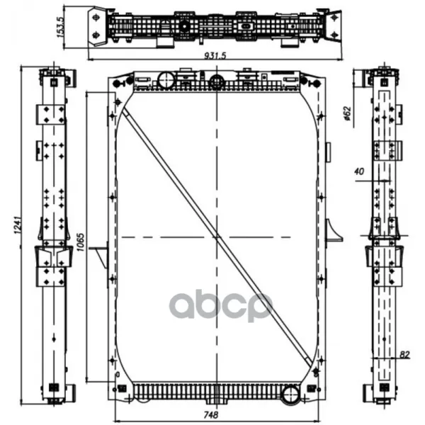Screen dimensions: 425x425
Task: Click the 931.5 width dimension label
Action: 215,55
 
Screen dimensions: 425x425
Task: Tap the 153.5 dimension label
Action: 60,27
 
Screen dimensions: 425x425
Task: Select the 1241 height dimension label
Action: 18,225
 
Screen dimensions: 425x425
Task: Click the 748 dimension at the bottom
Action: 210,414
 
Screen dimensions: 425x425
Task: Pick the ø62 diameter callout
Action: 348,113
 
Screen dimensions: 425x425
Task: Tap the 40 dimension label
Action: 359,171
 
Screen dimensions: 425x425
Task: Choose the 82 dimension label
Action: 404,355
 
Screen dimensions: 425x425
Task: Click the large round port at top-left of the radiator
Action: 166,80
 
